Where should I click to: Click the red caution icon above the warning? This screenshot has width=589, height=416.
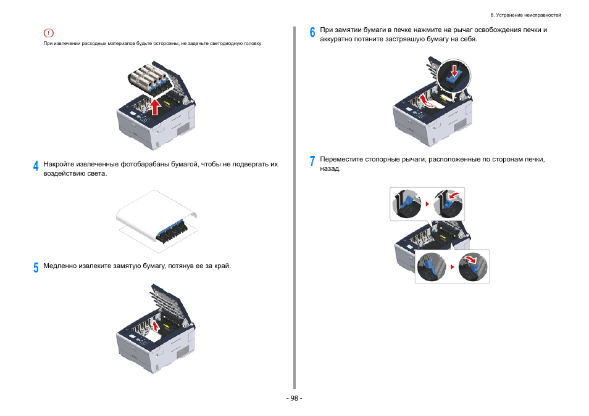point(49,33)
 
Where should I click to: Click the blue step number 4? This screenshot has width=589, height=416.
point(36,166)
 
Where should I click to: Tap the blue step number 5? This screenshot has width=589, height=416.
point(36,267)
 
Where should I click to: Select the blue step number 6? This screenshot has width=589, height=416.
point(312,32)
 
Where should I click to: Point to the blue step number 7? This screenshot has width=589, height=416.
point(312,161)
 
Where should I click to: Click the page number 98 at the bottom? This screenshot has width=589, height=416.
point(294,398)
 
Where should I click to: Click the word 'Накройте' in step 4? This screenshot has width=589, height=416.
point(59,165)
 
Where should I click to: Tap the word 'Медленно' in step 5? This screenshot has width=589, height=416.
point(59,266)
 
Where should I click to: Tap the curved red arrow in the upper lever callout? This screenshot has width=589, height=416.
point(454,196)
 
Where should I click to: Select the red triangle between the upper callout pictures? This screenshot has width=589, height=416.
point(427,203)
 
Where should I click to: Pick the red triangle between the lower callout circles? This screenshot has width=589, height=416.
point(452,267)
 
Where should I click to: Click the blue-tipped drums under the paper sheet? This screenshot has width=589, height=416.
point(173,229)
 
